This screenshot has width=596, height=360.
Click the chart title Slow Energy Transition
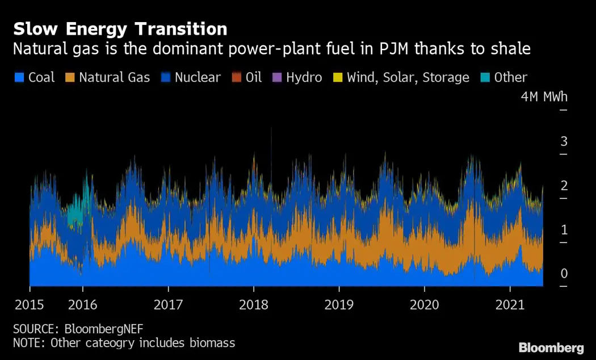point(120,29)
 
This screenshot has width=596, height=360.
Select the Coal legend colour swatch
point(19,78)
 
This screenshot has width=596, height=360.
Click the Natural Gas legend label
point(114,78)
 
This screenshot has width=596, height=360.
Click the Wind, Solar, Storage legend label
point(408,78)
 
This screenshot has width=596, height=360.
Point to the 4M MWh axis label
point(544,97)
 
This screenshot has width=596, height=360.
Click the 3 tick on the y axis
point(564,141)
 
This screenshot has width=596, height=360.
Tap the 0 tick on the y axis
point(564,274)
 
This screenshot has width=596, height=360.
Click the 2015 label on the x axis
point(29,305)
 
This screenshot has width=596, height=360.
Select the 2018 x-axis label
point(254,305)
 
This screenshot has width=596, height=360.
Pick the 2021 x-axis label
point(510,305)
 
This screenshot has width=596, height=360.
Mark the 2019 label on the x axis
point(339,305)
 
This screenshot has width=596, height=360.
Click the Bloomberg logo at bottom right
point(551,348)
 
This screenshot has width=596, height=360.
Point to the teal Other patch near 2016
point(75,216)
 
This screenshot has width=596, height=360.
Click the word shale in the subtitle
point(508,49)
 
